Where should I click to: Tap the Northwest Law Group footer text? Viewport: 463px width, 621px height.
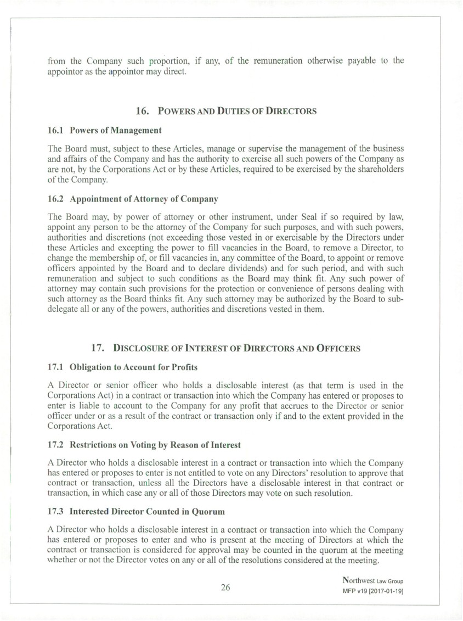373,580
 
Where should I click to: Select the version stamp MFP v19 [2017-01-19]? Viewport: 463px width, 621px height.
373,591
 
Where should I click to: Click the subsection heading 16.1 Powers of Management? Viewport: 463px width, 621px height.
104,130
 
